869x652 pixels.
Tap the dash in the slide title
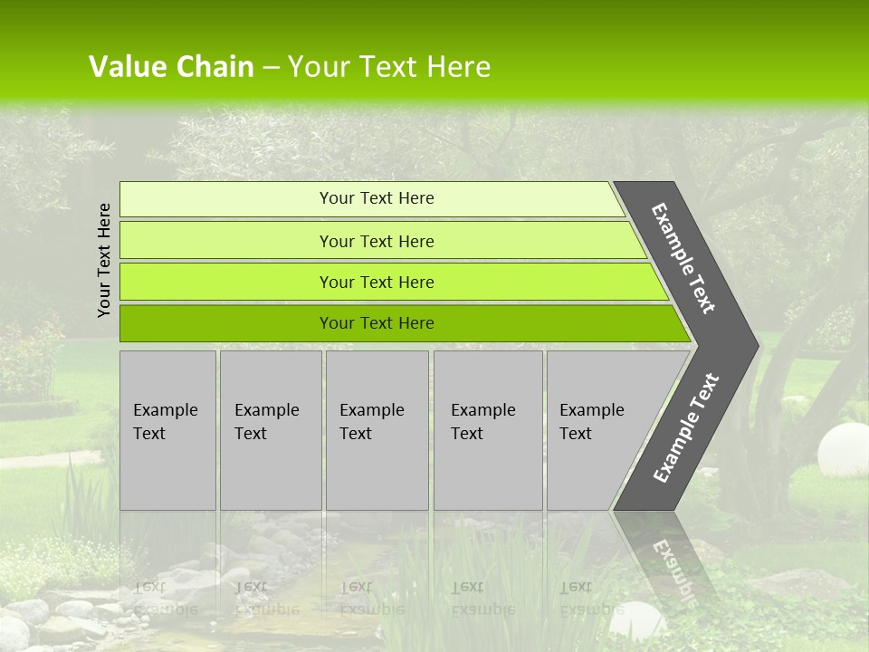pyautogui.click(x=271, y=68)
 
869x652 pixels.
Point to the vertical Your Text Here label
pyautogui.click(x=104, y=260)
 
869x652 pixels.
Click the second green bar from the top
pyautogui.click(x=376, y=241)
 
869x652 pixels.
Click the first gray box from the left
pyautogui.click(x=167, y=430)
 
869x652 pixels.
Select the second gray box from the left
pyautogui.click(x=271, y=430)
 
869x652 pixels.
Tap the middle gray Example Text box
pyautogui.click(x=377, y=430)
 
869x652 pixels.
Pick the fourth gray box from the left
pyautogui.click(x=488, y=430)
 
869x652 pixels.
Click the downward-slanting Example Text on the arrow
pyautogui.click(x=683, y=258)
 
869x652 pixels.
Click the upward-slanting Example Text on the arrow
pyautogui.click(x=685, y=428)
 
